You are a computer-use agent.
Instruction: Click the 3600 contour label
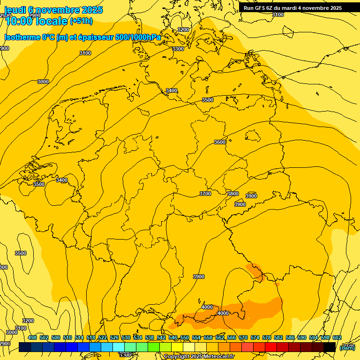coord(219,142)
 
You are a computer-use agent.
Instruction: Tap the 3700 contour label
coord(205,194)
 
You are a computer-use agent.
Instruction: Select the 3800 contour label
coord(232,194)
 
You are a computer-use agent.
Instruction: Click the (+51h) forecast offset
coord(81,21)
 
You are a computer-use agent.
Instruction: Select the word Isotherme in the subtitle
coord(22,37)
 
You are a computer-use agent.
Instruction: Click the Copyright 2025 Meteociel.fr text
coord(199,357)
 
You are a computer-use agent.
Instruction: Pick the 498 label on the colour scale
coord(32,337)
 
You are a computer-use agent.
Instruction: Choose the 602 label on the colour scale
coord(337,337)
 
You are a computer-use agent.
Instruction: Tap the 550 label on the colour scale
coord(185,337)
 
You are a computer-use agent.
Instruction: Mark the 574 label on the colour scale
coord(255,337)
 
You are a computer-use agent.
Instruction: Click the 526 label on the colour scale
coord(114,337)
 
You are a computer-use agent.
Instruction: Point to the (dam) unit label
coord(347,347)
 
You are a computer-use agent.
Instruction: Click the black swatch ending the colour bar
coord(330,347)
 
